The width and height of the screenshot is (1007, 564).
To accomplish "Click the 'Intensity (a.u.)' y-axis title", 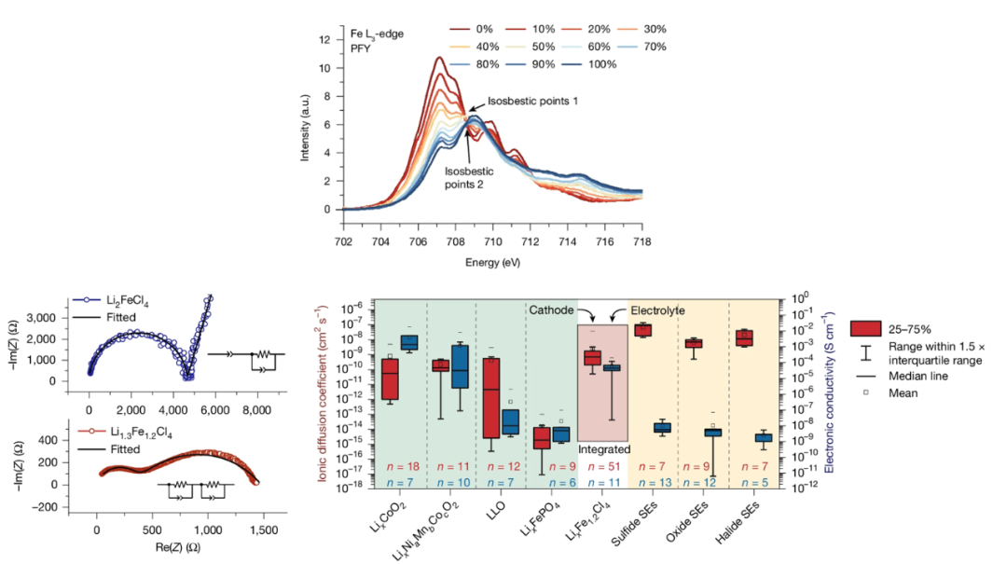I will (x=304, y=124).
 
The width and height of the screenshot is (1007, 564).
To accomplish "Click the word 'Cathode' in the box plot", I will (x=550, y=309).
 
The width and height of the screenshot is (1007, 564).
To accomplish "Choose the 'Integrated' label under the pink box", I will (x=603, y=449).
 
